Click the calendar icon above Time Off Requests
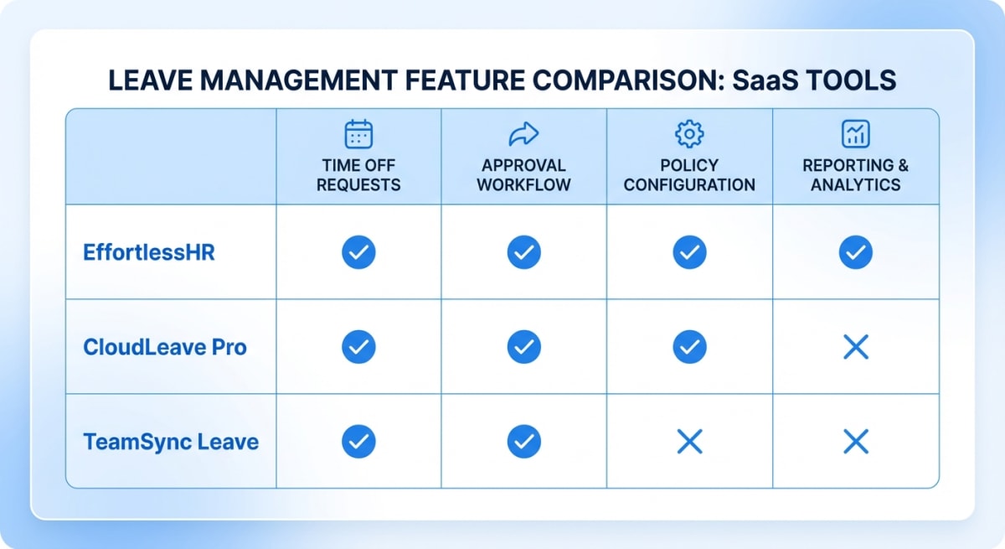(x=358, y=134)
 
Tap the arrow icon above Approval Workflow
(x=523, y=134)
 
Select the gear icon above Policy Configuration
(x=689, y=134)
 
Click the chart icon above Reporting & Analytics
(x=855, y=134)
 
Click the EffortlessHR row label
(x=149, y=252)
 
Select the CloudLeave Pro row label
(x=165, y=347)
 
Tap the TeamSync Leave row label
(x=171, y=442)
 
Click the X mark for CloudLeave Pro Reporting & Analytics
(x=855, y=347)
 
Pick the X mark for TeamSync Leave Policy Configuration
(x=689, y=442)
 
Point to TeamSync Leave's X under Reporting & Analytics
(x=855, y=442)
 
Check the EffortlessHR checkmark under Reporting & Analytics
(x=855, y=252)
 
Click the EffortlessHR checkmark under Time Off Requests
(x=358, y=252)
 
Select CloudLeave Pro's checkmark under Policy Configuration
(x=689, y=347)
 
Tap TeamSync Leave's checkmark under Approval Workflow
(x=523, y=442)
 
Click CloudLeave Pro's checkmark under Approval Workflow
(x=523, y=347)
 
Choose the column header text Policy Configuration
(x=689, y=175)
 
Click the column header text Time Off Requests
(x=358, y=175)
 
